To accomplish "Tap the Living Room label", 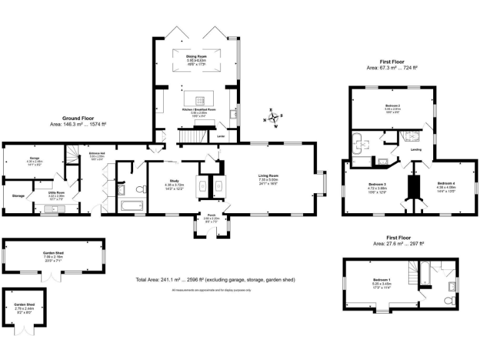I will pos(269,177).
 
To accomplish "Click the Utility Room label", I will pos(57,194).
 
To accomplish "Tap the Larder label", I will pos(221,136).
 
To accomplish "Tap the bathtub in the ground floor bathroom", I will pos(131,205).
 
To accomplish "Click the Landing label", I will pos(416,150).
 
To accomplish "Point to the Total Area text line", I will pos(216,279).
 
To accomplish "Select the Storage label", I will pos(18,196).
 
